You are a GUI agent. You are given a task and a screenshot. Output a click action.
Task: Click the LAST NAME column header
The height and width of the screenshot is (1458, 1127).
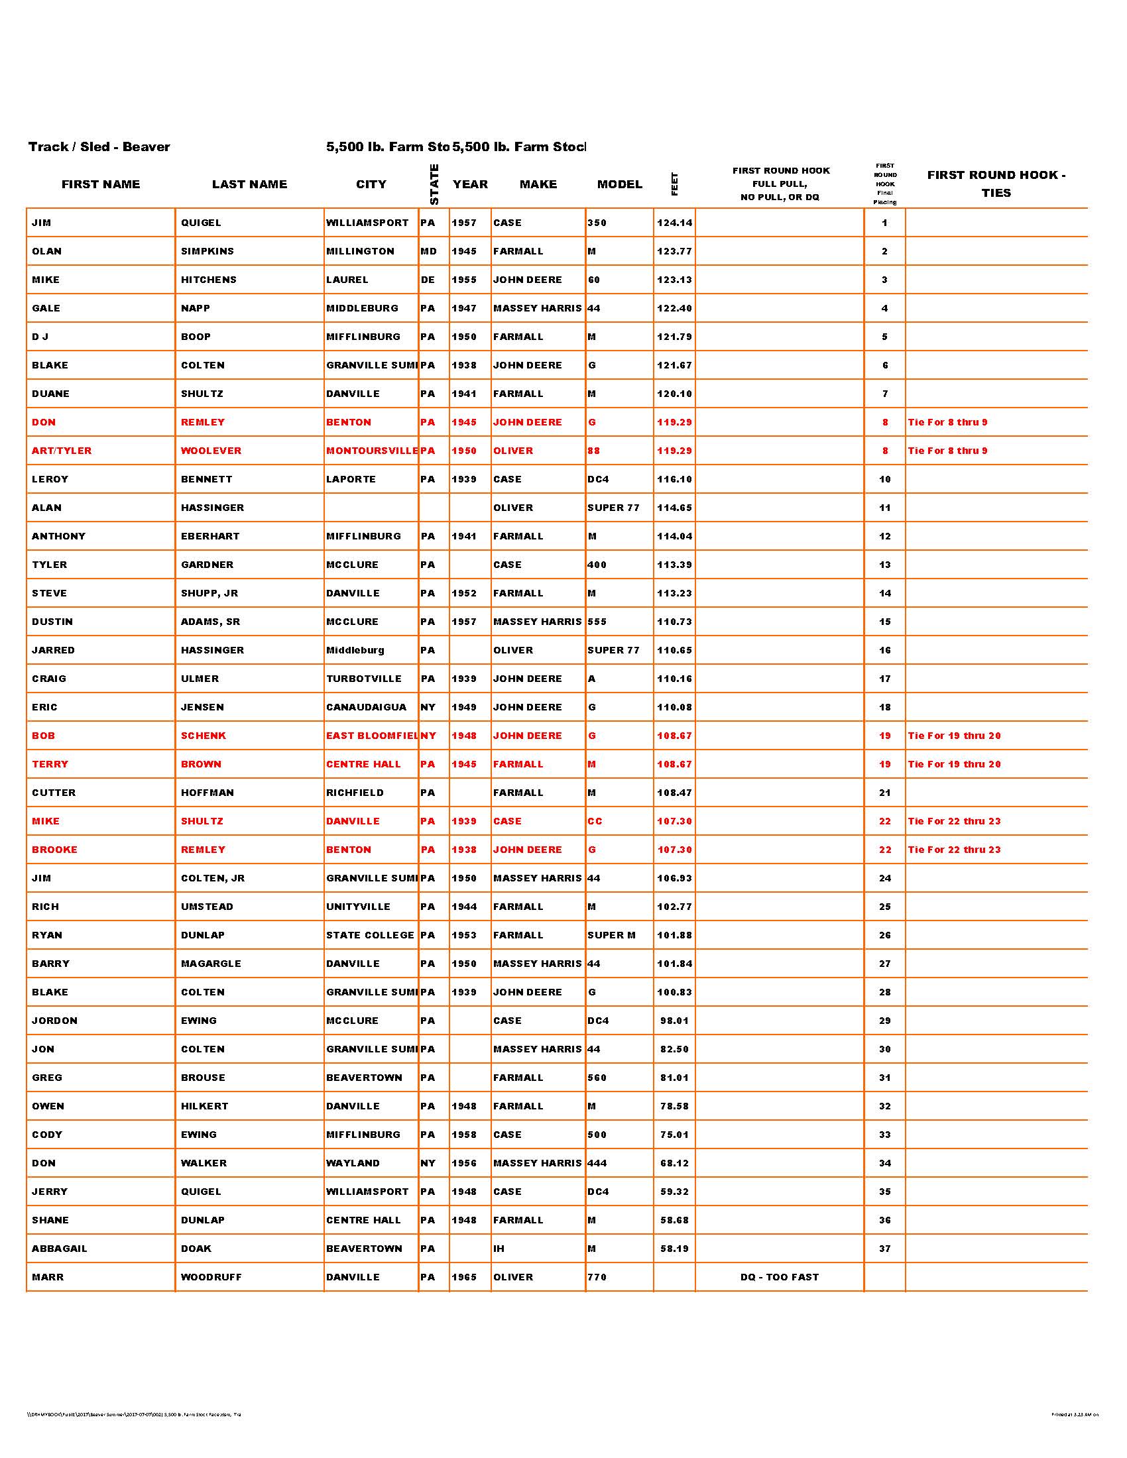tap(249, 184)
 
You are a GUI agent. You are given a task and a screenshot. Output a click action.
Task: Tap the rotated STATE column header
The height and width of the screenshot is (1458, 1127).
tap(434, 184)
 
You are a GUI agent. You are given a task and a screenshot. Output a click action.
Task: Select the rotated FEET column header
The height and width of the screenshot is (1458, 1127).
tap(674, 184)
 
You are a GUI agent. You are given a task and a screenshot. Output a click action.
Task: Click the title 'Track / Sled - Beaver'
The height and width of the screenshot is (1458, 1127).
tap(99, 147)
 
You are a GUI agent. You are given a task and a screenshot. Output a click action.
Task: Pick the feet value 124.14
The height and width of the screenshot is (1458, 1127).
tap(674, 223)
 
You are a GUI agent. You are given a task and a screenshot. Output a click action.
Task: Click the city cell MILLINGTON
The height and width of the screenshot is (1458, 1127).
tap(360, 252)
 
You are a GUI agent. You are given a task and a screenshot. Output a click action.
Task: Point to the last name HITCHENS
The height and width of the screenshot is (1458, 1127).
tap(208, 280)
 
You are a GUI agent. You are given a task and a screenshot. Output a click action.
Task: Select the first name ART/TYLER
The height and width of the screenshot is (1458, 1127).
tap(62, 451)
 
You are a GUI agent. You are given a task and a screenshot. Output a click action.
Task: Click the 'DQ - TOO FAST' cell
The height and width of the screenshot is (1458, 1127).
tap(779, 1277)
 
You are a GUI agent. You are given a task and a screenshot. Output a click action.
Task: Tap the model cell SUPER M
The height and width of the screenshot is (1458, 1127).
tap(611, 935)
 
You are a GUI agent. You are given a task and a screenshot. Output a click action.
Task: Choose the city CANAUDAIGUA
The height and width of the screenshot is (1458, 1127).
tap(366, 707)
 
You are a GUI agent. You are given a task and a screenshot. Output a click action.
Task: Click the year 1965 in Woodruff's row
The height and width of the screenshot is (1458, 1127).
tap(464, 1277)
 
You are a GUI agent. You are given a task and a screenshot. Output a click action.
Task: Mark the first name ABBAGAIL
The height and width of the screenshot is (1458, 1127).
tap(60, 1249)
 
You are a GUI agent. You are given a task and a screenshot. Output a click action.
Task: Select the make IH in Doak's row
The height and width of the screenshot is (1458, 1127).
tap(499, 1249)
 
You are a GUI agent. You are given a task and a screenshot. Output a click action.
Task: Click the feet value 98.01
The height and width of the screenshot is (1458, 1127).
tap(674, 1021)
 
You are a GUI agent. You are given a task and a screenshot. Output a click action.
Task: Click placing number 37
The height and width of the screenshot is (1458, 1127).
tap(884, 1249)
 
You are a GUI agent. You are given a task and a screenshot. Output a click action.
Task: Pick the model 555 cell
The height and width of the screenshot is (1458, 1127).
tap(597, 622)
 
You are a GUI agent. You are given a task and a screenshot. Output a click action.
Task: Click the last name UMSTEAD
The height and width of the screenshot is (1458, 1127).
tap(208, 907)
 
